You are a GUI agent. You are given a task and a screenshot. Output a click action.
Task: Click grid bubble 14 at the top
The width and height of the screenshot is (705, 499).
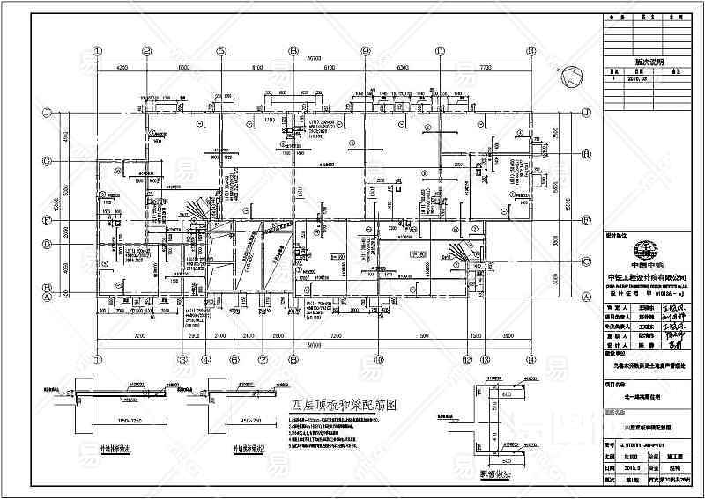coord(531,50)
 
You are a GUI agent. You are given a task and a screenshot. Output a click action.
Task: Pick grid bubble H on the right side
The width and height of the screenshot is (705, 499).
coord(585,152)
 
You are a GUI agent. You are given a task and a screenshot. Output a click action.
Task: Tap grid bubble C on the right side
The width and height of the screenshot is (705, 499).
coord(585,261)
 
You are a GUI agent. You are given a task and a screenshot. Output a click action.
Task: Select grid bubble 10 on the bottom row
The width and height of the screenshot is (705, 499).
coord(377,358)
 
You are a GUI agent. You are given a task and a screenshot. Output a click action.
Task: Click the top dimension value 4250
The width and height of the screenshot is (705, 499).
coord(122,67)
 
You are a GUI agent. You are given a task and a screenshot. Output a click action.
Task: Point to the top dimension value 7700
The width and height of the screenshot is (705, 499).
coord(483,67)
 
